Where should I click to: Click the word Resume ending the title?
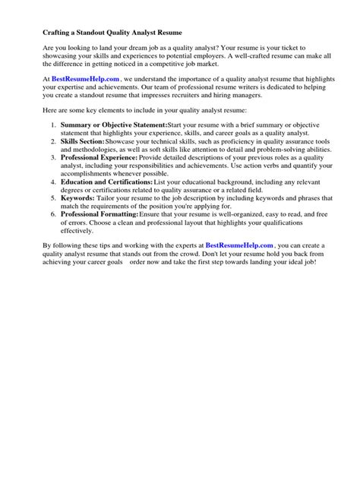point(172,33)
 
